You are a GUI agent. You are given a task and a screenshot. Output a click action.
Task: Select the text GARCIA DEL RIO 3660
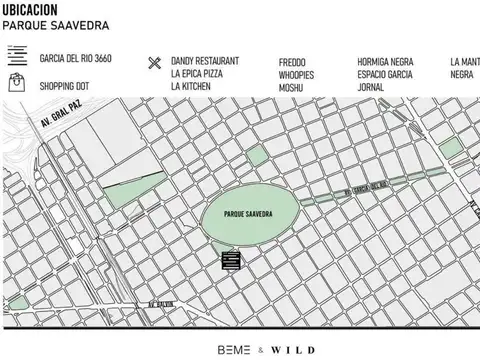pyautogui.click(x=75, y=59)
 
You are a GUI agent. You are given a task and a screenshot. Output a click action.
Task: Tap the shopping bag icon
pyautogui.click(x=16, y=82)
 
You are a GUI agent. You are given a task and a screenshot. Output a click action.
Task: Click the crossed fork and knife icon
pyautogui.click(x=154, y=63)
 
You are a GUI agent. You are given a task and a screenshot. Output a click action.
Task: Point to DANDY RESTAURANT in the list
pyautogui.click(x=205, y=61)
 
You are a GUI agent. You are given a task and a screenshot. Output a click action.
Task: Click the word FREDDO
pyautogui.click(x=292, y=62)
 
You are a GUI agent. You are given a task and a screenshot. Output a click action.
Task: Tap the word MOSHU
pyautogui.click(x=292, y=87)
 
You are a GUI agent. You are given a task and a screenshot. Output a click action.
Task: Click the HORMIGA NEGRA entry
pyautogui.click(x=385, y=62)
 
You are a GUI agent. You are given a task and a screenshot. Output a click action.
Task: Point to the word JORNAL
pyautogui.click(x=372, y=87)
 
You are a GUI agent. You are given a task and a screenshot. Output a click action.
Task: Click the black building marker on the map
pyautogui.click(x=231, y=261)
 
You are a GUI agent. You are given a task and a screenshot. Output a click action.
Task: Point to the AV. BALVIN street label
pyautogui.click(x=162, y=303)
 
